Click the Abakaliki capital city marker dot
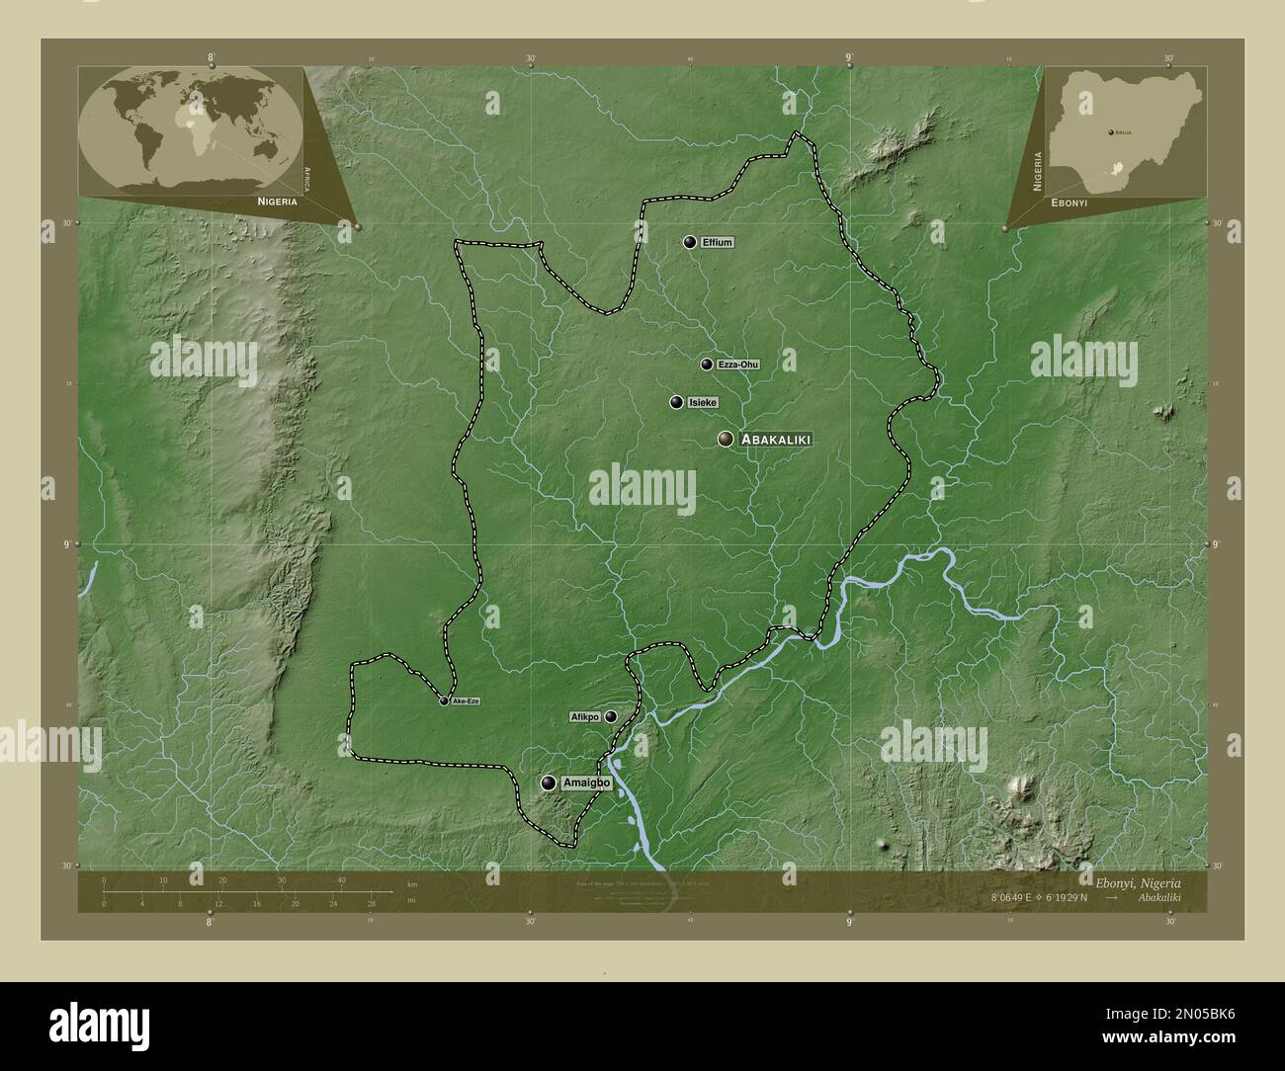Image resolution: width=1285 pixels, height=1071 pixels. [x=727, y=440]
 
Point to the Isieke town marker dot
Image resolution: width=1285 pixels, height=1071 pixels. [x=676, y=402]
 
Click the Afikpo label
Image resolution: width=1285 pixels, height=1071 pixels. [x=584, y=716]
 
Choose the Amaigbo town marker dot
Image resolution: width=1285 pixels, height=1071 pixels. [x=549, y=783]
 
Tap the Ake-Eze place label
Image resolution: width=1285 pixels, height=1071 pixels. [x=466, y=700]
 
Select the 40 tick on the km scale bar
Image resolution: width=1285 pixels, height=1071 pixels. [x=341, y=880]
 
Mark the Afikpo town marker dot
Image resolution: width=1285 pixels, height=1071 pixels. [x=611, y=716]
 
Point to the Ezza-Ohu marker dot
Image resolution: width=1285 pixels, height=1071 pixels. [x=707, y=365]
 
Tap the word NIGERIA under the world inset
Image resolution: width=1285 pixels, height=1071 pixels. [x=277, y=201]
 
